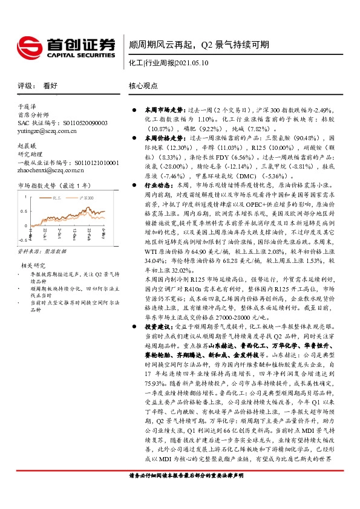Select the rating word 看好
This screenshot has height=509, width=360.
point(50,86)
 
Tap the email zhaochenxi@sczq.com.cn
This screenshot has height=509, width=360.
point(48,171)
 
